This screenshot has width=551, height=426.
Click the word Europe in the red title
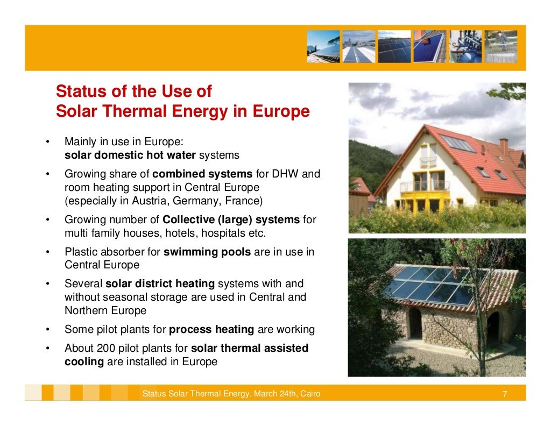point(284,111)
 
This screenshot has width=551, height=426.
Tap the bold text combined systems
point(202,174)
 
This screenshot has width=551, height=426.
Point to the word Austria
point(143,201)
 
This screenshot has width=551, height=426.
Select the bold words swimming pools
point(207,252)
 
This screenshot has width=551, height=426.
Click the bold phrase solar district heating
point(160,283)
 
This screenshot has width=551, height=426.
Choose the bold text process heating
point(212,329)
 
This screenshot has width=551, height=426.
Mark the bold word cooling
point(84,361)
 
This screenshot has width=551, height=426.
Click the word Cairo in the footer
point(309,394)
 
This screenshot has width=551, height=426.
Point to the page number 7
point(504,394)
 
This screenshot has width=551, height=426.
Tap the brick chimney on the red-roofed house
point(503,146)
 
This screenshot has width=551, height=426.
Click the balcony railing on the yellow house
point(425,186)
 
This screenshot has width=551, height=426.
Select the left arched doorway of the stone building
point(415,323)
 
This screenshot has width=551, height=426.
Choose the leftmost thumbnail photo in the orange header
point(323,46)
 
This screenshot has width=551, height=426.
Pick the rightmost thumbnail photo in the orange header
point(500,46)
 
